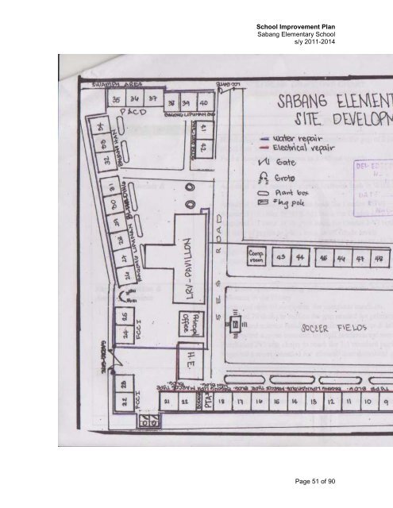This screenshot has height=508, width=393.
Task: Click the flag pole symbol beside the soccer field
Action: [236, 325]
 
